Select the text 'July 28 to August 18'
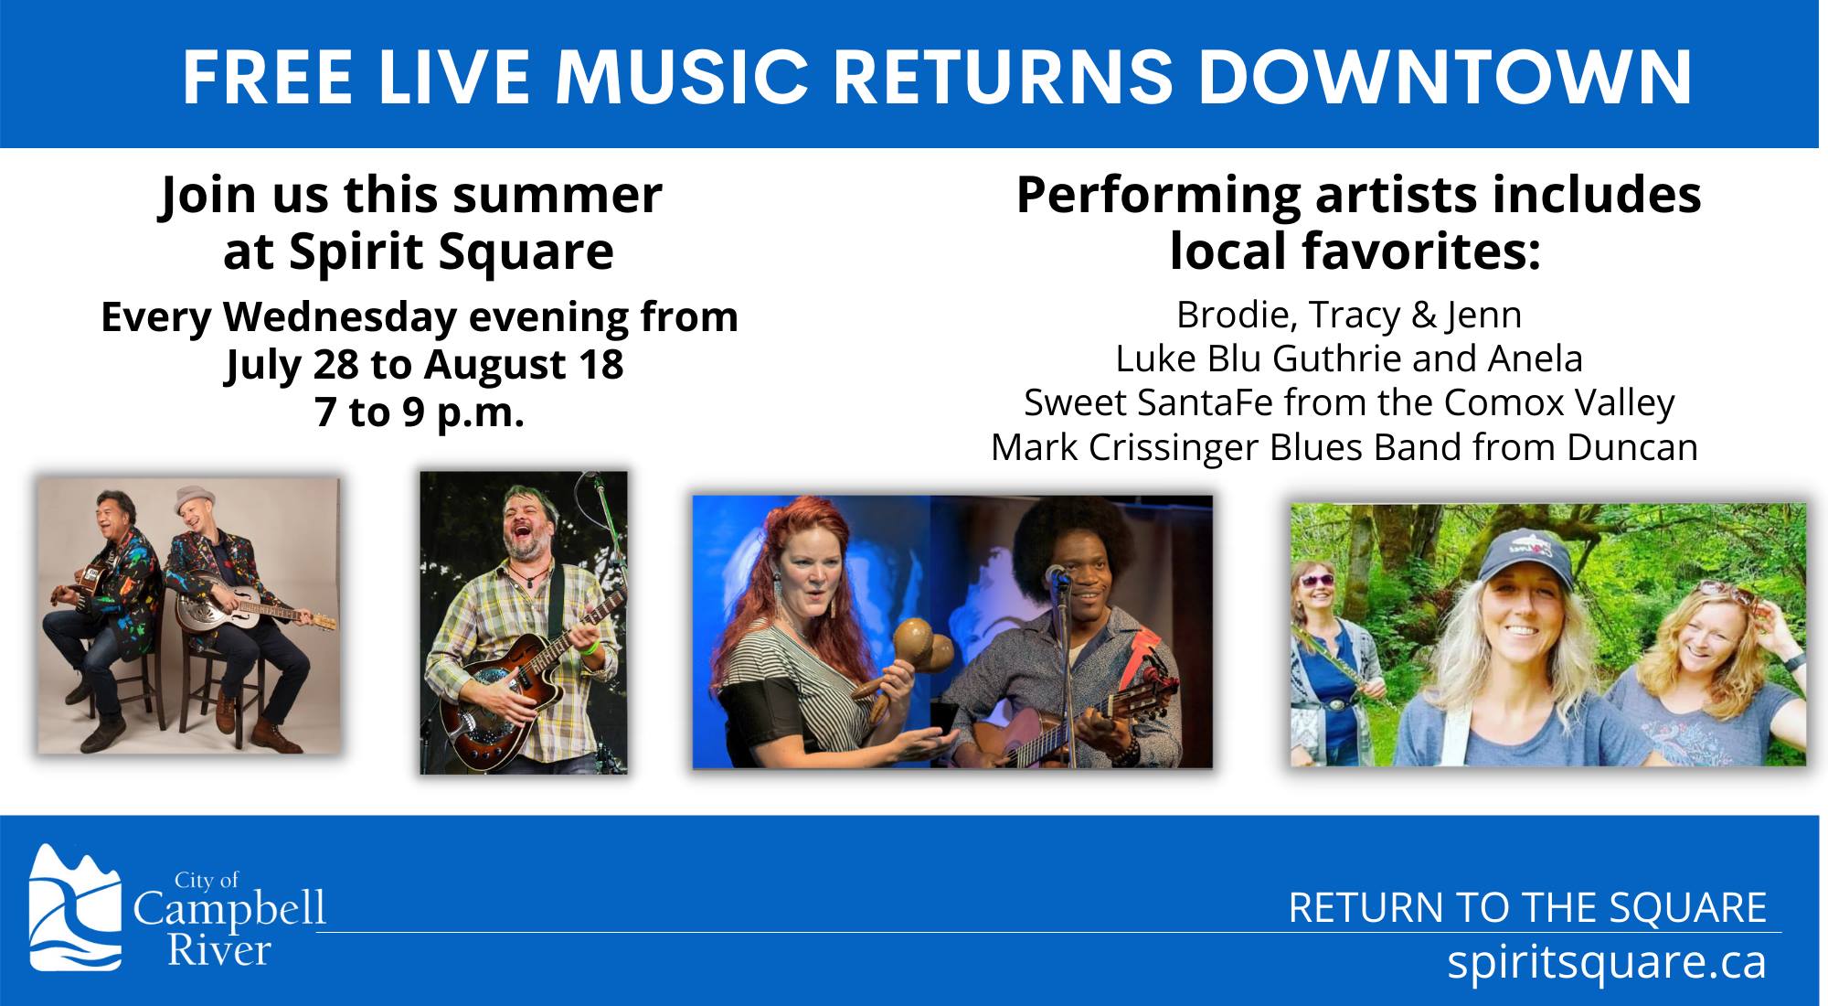click(424, 365)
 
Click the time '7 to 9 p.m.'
click(420, 412)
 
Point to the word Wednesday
click(340, 317)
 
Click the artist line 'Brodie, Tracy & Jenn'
click(1349, 315)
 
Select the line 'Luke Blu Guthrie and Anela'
click(1349, 359)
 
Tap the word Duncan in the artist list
click(1632, 447)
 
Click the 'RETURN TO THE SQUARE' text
click(1527, 908)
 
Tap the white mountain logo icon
click(75, 907)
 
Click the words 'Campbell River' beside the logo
click(228, 929)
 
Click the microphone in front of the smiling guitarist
click(1057, 576)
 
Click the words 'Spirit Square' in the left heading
click(452, 252)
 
